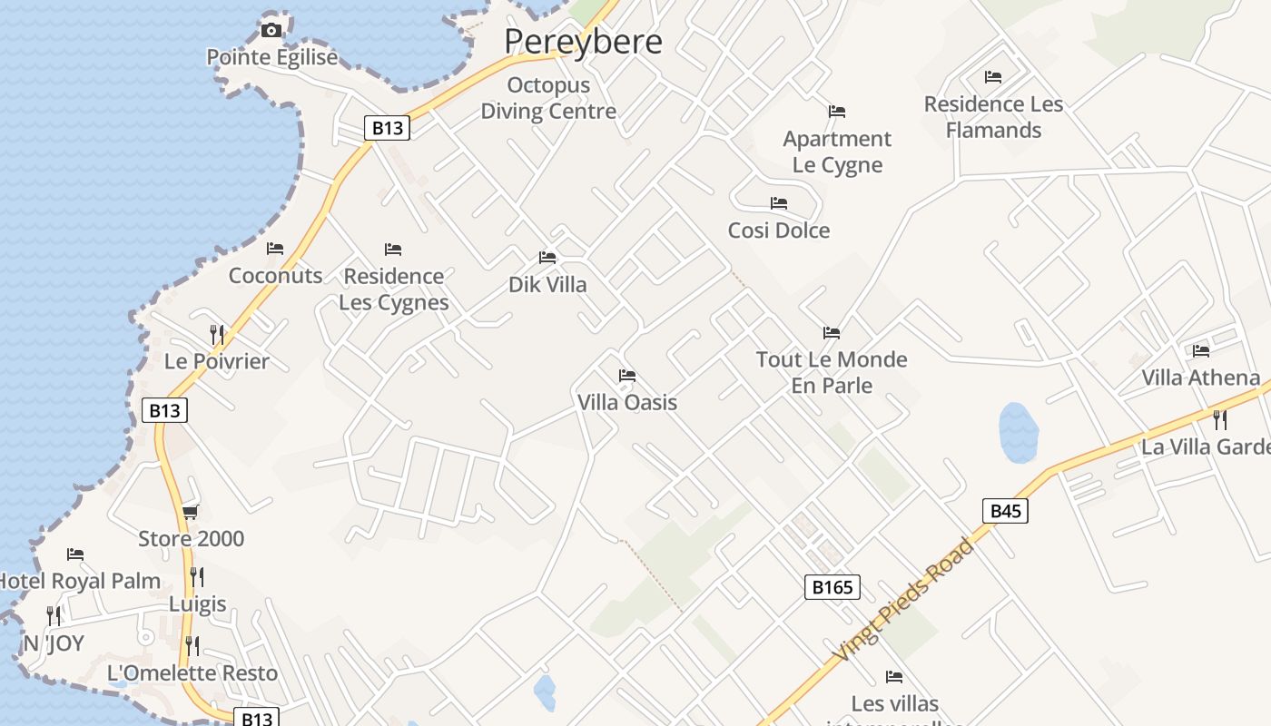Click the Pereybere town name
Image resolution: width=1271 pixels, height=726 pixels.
pyautogui.click(x=583, y=42)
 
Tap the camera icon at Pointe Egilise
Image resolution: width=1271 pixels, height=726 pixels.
pyautogui.click(x=271, y=31)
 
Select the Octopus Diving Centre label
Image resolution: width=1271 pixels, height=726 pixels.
pyautogui.click(x=548, y=98)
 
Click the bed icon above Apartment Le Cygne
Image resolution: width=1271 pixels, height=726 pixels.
pyautogui.click(x=837, y=112)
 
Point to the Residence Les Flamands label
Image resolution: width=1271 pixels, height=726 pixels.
pyautogui.click(x=993, y=117)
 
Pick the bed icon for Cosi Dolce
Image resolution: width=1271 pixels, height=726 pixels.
pyautogui.click(x=778, y=203)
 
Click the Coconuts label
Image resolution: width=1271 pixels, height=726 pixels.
pyautogui.click(x=275, y=276)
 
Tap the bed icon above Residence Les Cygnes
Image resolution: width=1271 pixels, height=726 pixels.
pyautogui.click(x=393, y=249)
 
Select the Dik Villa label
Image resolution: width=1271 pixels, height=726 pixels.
pyautogui.click(x=547, y=285)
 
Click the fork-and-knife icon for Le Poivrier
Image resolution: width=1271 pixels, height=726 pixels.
pyautogui.click(x=217, y=334)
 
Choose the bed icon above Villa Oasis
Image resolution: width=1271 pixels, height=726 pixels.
pyautogui.click(x=627, y=376)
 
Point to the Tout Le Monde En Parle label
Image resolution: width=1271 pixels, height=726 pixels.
pyautogui.click(x=832, y=372)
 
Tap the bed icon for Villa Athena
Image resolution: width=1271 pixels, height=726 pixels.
pyautogui.click(x=1201, y=350)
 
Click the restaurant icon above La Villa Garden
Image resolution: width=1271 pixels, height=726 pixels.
pyautogui.click(x=1220, y=419)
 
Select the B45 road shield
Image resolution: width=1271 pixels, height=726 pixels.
pyautogui.click(x=1006, y=511)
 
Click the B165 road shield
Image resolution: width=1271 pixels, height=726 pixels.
pyautogui.click(x=832, y=587)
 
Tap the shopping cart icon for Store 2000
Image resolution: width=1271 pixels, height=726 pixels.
pyautogui.click(x=191, y=512)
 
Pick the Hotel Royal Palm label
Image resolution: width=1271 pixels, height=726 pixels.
pyautogui.click(x=80, y=581)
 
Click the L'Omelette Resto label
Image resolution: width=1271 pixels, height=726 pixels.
pyautogui.click(x=192, y=673)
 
